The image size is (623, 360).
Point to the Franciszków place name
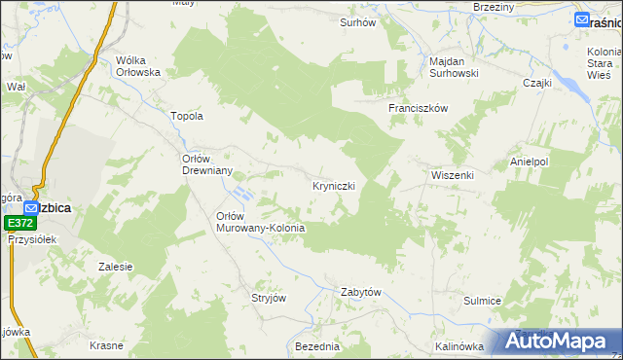coord(418,108)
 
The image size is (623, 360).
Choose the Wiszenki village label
coord(452,175)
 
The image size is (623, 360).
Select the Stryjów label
coord(269,298)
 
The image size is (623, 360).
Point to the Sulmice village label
coord(482,301)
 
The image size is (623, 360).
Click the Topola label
coord(187,116)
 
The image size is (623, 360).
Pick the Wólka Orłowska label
coord(137,65)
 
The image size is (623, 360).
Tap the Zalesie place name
coord(116,266)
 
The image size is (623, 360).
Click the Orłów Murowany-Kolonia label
coord(260,222)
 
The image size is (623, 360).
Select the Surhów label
coord(357,21)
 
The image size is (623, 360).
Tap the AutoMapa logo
coord(561,341)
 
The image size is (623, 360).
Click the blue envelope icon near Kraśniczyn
coord(581,19)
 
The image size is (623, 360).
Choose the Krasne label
coord(105,346)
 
